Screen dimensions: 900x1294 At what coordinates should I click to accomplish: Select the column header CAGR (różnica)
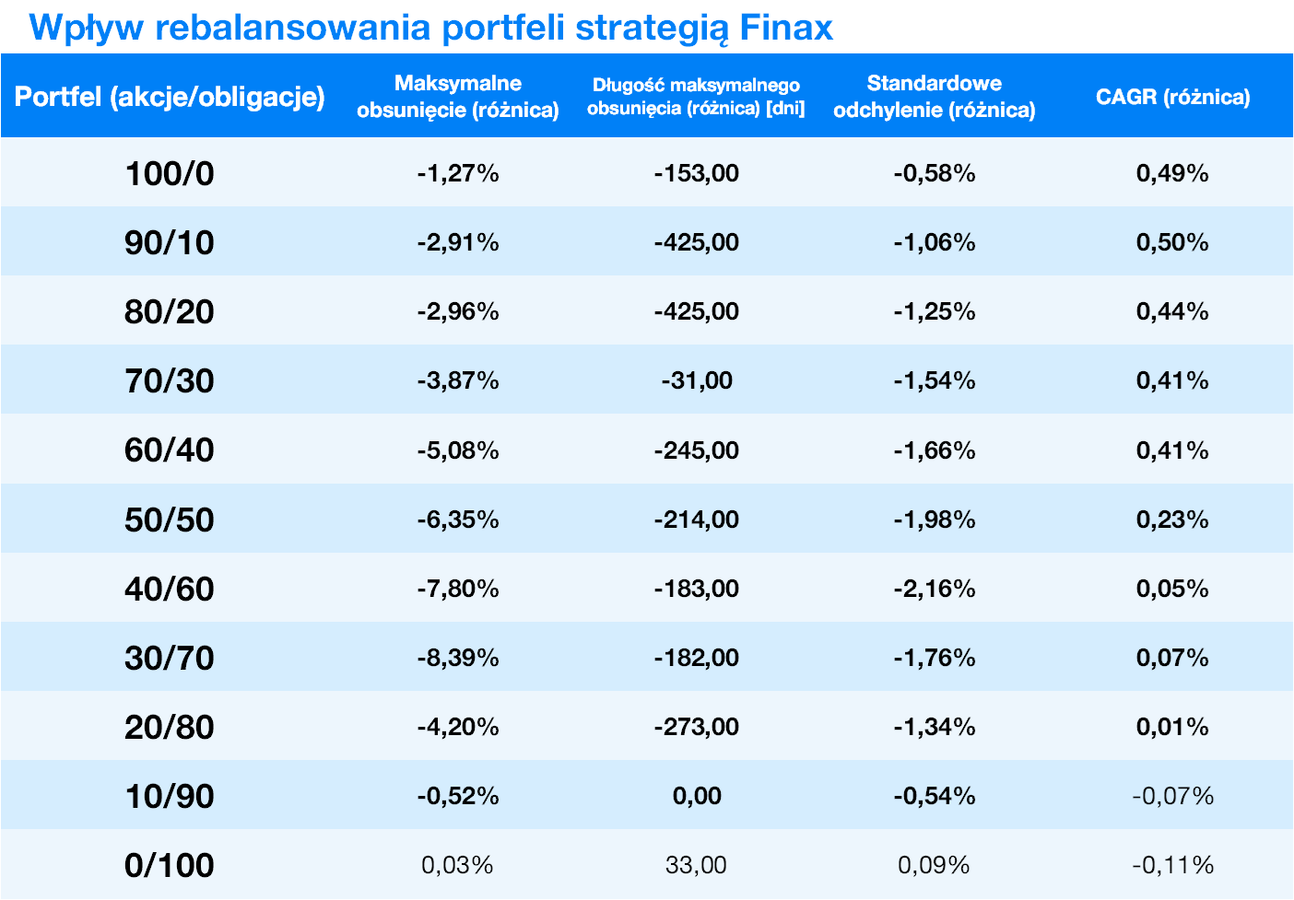(1172, 97)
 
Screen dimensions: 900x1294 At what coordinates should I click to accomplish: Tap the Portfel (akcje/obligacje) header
(170, 97)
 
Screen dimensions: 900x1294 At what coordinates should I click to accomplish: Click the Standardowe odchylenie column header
(934, 97)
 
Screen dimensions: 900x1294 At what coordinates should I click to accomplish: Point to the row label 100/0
(170, 173)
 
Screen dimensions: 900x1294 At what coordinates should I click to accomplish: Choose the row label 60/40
(170, 450)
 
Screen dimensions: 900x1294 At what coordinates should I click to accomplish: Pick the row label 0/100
(170, 865)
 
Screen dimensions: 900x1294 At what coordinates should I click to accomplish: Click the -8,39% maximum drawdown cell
(457, 658)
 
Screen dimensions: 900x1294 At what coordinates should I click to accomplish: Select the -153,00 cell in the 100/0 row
(696, 173)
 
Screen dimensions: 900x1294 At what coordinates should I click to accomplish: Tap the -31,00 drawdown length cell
(696, 380)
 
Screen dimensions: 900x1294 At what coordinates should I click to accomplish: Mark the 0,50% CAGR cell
(1172, 242)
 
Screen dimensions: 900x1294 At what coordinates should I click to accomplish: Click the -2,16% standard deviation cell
(934, 589)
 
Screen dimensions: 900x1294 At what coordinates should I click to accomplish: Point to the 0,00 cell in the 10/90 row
(696, 796)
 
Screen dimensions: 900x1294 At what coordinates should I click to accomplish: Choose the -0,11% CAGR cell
(1172, 865)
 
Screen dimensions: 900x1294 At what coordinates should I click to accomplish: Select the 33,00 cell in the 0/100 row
(696, 865)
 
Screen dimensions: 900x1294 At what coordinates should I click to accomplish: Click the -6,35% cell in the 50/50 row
(457, 520)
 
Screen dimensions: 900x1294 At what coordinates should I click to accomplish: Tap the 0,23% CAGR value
(1172, 520)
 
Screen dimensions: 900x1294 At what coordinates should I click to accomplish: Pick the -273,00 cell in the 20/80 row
(696, 727)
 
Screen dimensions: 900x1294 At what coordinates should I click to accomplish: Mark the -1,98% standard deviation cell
(934, 520)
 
